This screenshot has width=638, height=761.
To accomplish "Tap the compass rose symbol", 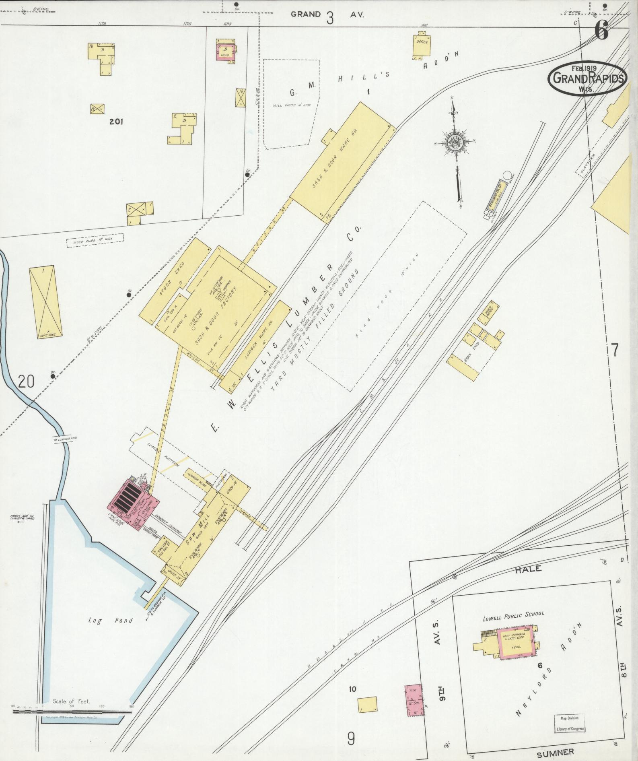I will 456,142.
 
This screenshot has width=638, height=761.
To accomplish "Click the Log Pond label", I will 111,631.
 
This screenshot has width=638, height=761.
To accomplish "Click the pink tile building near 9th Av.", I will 414,700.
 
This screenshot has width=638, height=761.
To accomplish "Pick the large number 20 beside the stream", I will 26,381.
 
